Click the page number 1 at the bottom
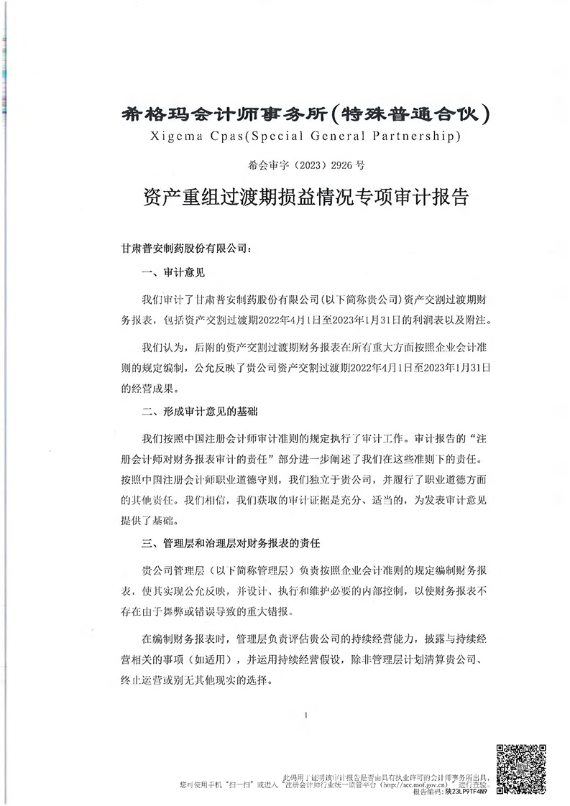point(306,715)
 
